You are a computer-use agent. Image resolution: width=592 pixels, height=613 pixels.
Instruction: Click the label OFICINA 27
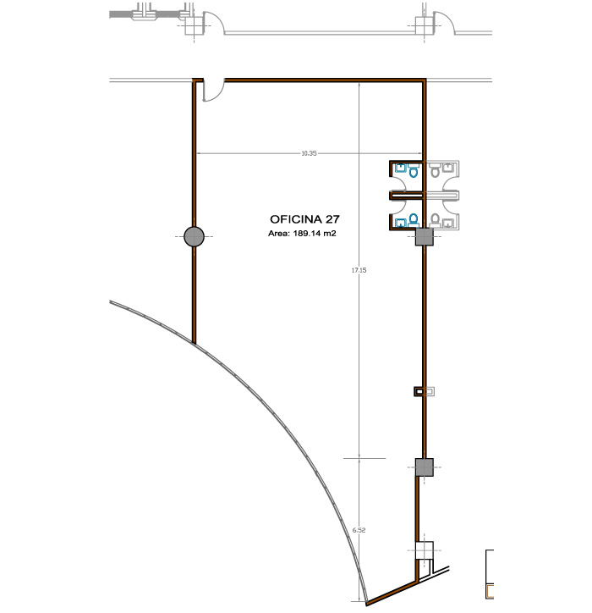click(x=304, y=219)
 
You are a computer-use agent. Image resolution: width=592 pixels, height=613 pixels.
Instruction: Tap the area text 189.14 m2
click(x=315, y=234)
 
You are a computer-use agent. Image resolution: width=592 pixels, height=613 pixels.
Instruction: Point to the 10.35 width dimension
click(x=309, y=153)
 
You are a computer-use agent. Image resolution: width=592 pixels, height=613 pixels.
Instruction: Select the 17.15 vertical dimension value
click(x=359, y=270)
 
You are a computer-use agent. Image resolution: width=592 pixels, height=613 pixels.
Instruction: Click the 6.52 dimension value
click(x=359, y=530)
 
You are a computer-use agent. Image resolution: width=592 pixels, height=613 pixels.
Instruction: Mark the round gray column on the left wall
click(x=194, y=236)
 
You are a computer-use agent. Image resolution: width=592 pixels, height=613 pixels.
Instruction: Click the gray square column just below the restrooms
click(x=424, y=237)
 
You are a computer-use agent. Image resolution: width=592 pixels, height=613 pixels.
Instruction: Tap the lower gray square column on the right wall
click(x=424, y=467)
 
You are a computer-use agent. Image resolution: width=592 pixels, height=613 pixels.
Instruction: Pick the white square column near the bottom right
click(x=424, y=550)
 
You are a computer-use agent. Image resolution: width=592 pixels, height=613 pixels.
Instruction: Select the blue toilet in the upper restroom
click(x=414, y=171)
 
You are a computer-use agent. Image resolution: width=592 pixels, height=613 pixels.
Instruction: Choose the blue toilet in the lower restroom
click(x=414, y=220)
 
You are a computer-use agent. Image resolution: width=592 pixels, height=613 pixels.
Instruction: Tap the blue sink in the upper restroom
click(x=401, y=168)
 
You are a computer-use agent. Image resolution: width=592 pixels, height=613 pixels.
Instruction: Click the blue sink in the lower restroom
click(x=401, y=223)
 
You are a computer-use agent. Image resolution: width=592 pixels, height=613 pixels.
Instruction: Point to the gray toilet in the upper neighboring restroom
click(x=435, y=171)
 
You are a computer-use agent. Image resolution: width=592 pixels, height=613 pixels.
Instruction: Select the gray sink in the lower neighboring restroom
click(x=448, y=223)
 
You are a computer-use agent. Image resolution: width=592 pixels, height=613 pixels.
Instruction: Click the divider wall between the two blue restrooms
click(x=407, y=195)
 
